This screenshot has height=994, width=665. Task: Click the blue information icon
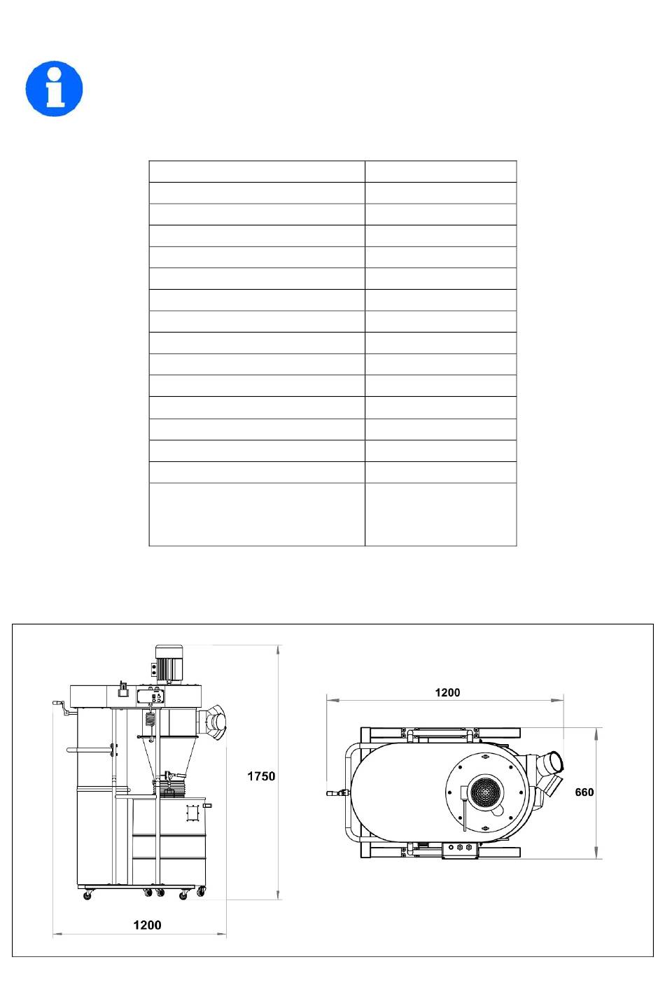click(54, 89)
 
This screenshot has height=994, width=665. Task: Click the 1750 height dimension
click(261, 776)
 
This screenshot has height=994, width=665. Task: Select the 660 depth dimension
click(584, 792)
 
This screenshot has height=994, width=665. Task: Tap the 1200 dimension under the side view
click(147, 925)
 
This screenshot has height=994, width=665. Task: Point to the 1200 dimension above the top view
click(447, 693)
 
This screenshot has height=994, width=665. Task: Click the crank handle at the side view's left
click(62, 708)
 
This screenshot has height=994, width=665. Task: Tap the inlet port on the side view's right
click(213, 722)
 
